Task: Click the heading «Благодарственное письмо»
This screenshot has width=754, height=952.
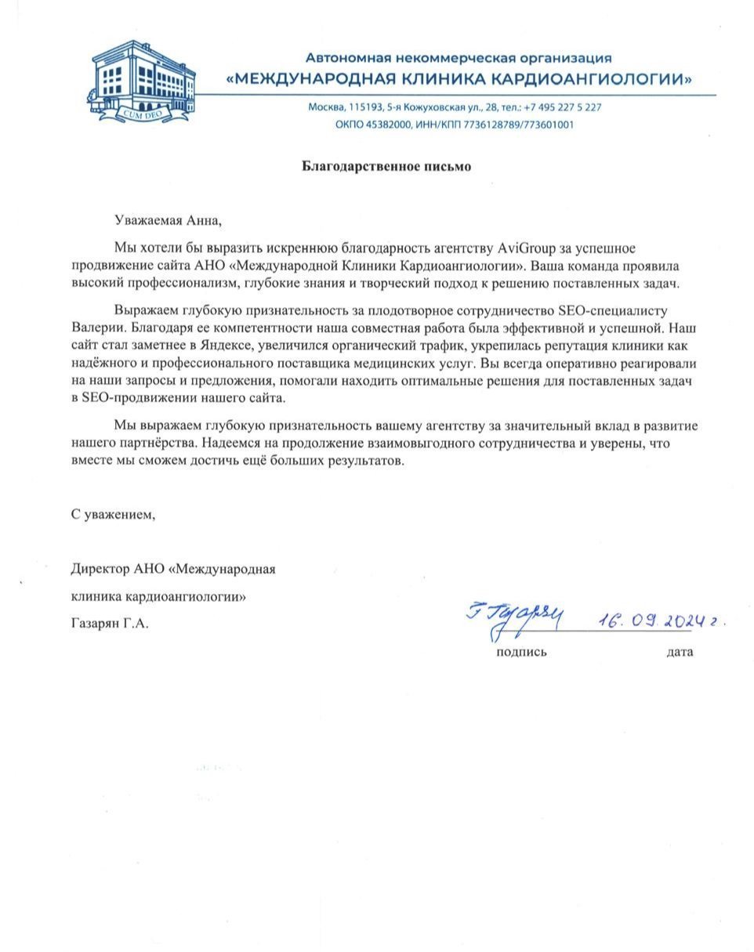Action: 387,166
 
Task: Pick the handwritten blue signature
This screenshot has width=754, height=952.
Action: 514,617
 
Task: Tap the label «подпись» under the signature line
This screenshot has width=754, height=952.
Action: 521,652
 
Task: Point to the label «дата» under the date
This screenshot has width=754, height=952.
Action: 680,652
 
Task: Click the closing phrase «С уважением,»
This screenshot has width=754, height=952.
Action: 114,515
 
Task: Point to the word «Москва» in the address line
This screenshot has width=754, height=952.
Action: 326,107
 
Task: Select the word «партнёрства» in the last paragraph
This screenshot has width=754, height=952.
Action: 138,443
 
